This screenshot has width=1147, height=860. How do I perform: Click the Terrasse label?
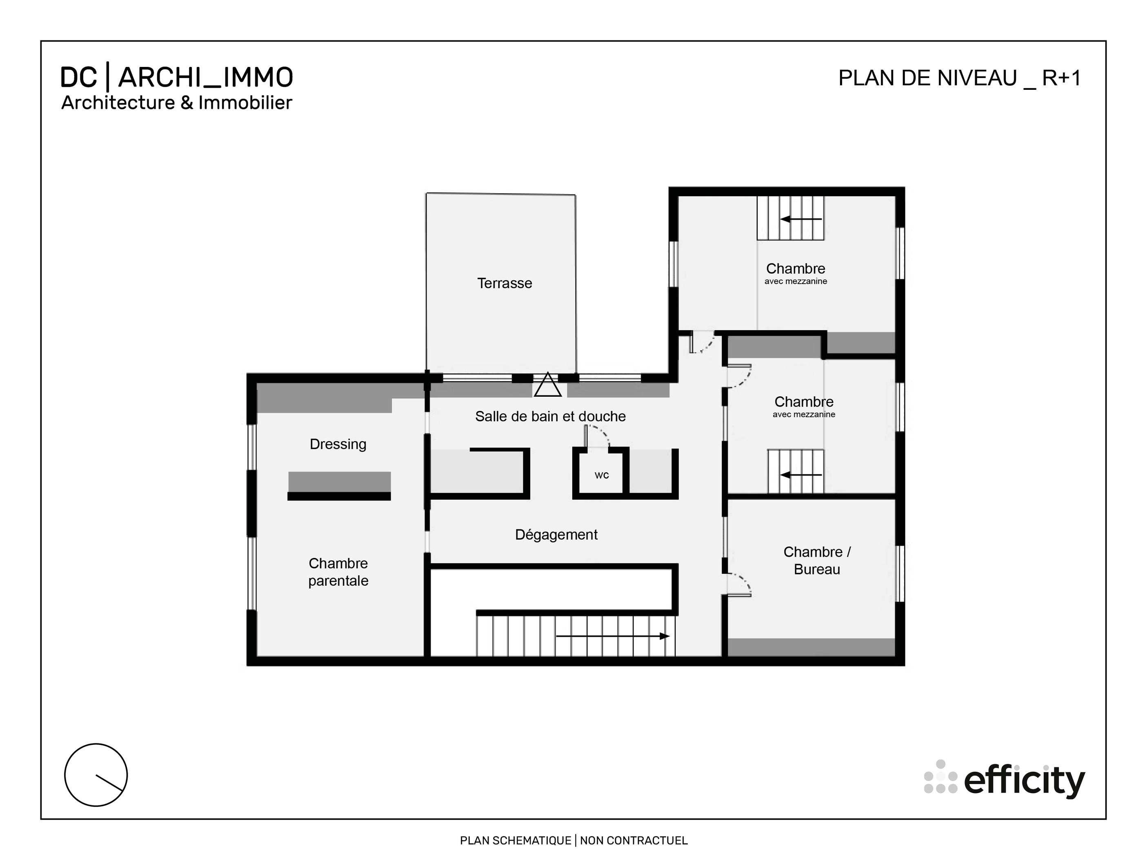coord(504,283)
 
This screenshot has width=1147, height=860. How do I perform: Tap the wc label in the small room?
coord(602,475)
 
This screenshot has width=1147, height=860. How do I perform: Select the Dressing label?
coord(338,444)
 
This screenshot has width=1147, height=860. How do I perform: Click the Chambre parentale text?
coord(338,572)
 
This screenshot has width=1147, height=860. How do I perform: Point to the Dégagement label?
coord(556,534)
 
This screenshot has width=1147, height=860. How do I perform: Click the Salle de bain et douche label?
coord(550,416)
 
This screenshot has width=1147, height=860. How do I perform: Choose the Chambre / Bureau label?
coord(817,560)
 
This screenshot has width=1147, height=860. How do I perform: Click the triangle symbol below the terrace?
coord(547,385)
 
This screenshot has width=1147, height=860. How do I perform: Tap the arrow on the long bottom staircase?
coord(612,636)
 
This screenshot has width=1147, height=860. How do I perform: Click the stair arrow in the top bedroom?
coord(801,219)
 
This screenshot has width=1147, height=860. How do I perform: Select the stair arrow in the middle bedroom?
coord(801,475)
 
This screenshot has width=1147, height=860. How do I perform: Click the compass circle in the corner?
coord(96,775)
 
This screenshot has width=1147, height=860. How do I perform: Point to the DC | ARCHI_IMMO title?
coord(177,78)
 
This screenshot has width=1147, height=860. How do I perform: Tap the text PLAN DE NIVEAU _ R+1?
coord(959,78)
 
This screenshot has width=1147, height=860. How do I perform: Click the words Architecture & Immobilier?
coord(177,102)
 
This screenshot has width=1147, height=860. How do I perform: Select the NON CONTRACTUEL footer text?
coord(633,840)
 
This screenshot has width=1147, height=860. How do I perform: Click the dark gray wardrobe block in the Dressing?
coord(339,482)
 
